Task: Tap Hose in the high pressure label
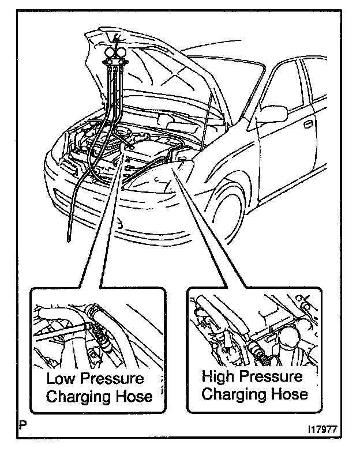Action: tap(288, 394)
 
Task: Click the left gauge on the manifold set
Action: tap(108, 55)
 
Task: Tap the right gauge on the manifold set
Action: tap(121, 55)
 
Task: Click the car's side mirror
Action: tap(272, 114)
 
